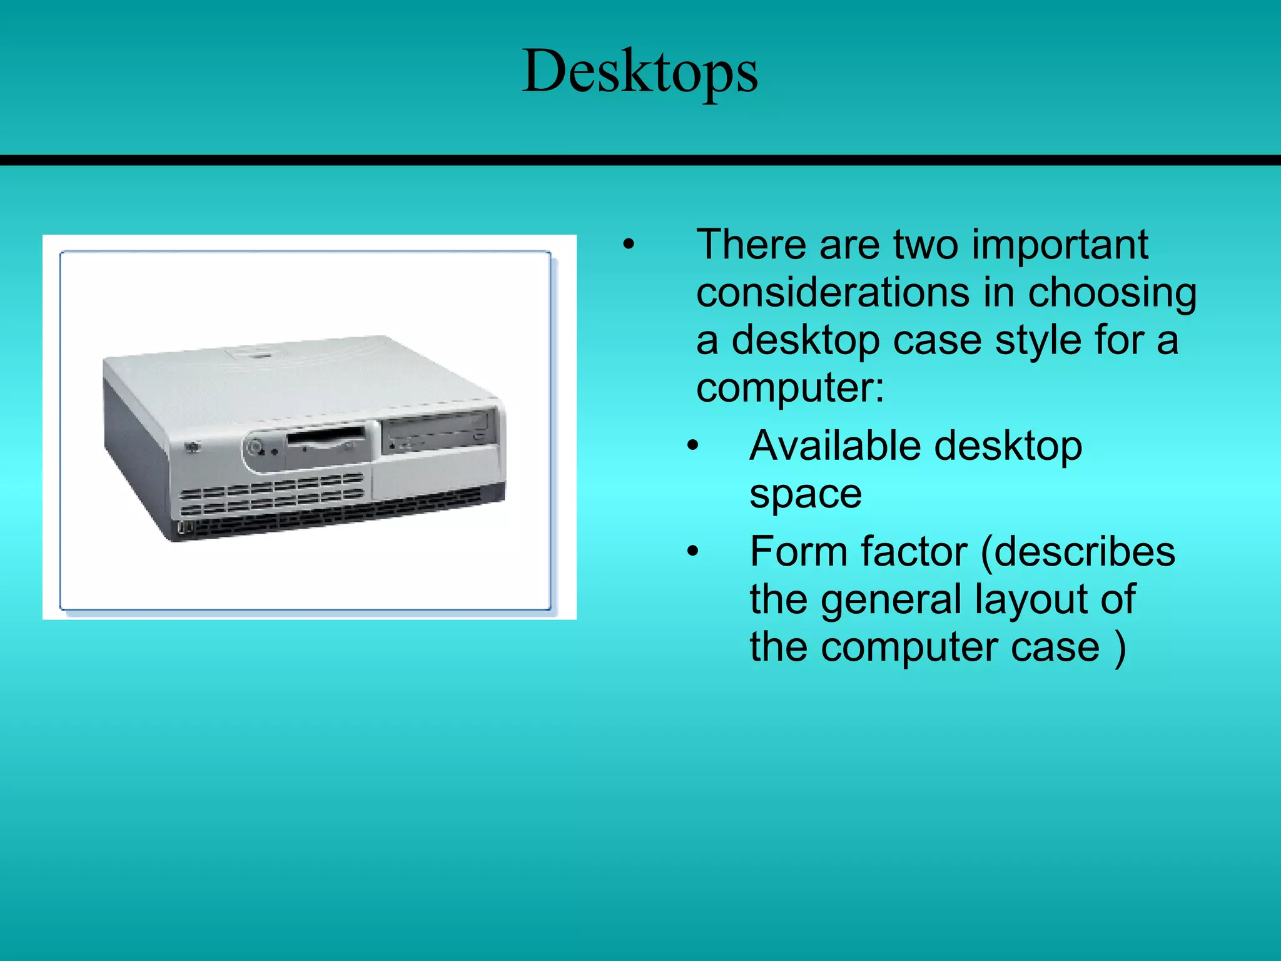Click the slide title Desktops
point(640,71)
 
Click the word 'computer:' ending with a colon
point(790,388)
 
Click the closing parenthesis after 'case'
point(1120,648)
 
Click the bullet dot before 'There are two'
point(629,245)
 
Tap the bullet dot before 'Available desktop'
point(692,446)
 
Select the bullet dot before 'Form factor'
point(692,552)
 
